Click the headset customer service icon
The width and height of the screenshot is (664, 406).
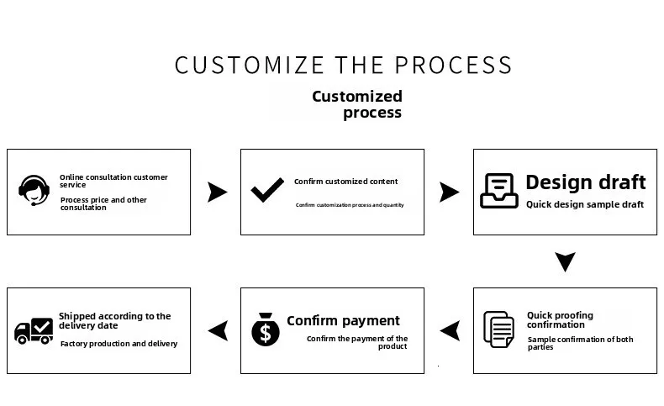(x=34, y=191)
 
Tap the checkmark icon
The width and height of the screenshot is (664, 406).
(x=267, y=191)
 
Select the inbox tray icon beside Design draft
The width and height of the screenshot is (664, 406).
(x=498, y=191)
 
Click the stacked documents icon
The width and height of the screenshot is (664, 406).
(x=498, y=329)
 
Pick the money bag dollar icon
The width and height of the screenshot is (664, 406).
(x=266, y=329)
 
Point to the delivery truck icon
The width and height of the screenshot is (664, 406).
(x=34, y=330)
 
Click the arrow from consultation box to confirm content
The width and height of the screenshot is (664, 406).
(x=217, y=192)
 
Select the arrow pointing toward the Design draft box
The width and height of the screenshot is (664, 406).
(x=450, y=192)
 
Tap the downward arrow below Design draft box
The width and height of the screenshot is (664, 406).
(x=566, y=261)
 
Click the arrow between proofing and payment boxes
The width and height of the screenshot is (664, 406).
(x=450, y=330)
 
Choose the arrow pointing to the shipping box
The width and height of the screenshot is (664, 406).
(x=218, y=330)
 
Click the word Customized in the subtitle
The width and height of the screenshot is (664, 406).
(x=357, y=96)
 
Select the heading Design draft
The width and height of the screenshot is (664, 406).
(x=585, y=182)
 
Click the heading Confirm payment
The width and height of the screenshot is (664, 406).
(x=343, y=320)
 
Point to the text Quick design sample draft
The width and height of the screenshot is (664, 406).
(x=584, y=204)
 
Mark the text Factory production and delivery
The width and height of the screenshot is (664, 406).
(x=119, y=343)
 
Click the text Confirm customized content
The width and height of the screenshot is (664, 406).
(x=345, y=182)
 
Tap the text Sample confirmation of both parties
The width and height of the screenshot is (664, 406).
(x=580, y=343)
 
